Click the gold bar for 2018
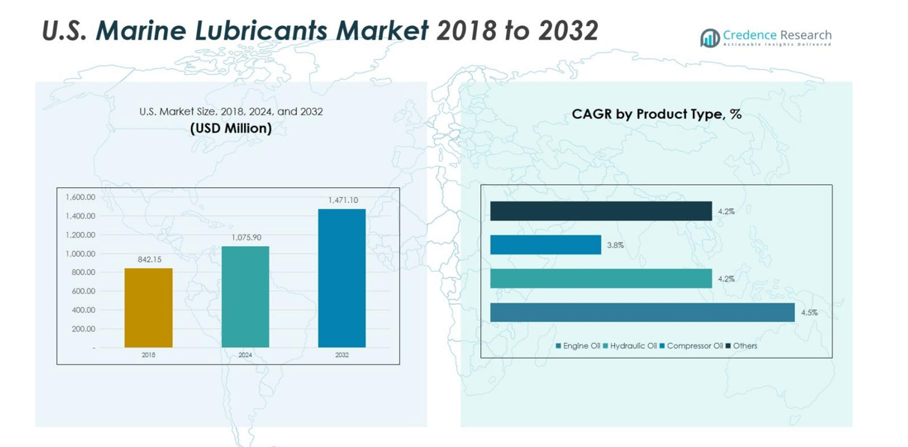coord(148,308)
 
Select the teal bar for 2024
coord(245,297)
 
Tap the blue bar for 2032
coord(342,278)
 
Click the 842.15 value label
coord(149,259)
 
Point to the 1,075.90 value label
coord(245,237)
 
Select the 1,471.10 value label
coord(342,200)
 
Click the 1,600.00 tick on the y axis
coord(81,198)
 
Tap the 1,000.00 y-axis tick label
coord(81,254)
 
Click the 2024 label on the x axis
coord(245,355)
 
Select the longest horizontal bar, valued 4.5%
coord(642,312)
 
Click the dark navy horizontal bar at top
coord(601,211)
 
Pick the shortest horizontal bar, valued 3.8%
coord(545,245)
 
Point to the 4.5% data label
coord(808,313)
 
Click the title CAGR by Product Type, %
coord(656,115)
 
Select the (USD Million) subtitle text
coord(231,129)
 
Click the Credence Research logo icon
coord(709,38)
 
